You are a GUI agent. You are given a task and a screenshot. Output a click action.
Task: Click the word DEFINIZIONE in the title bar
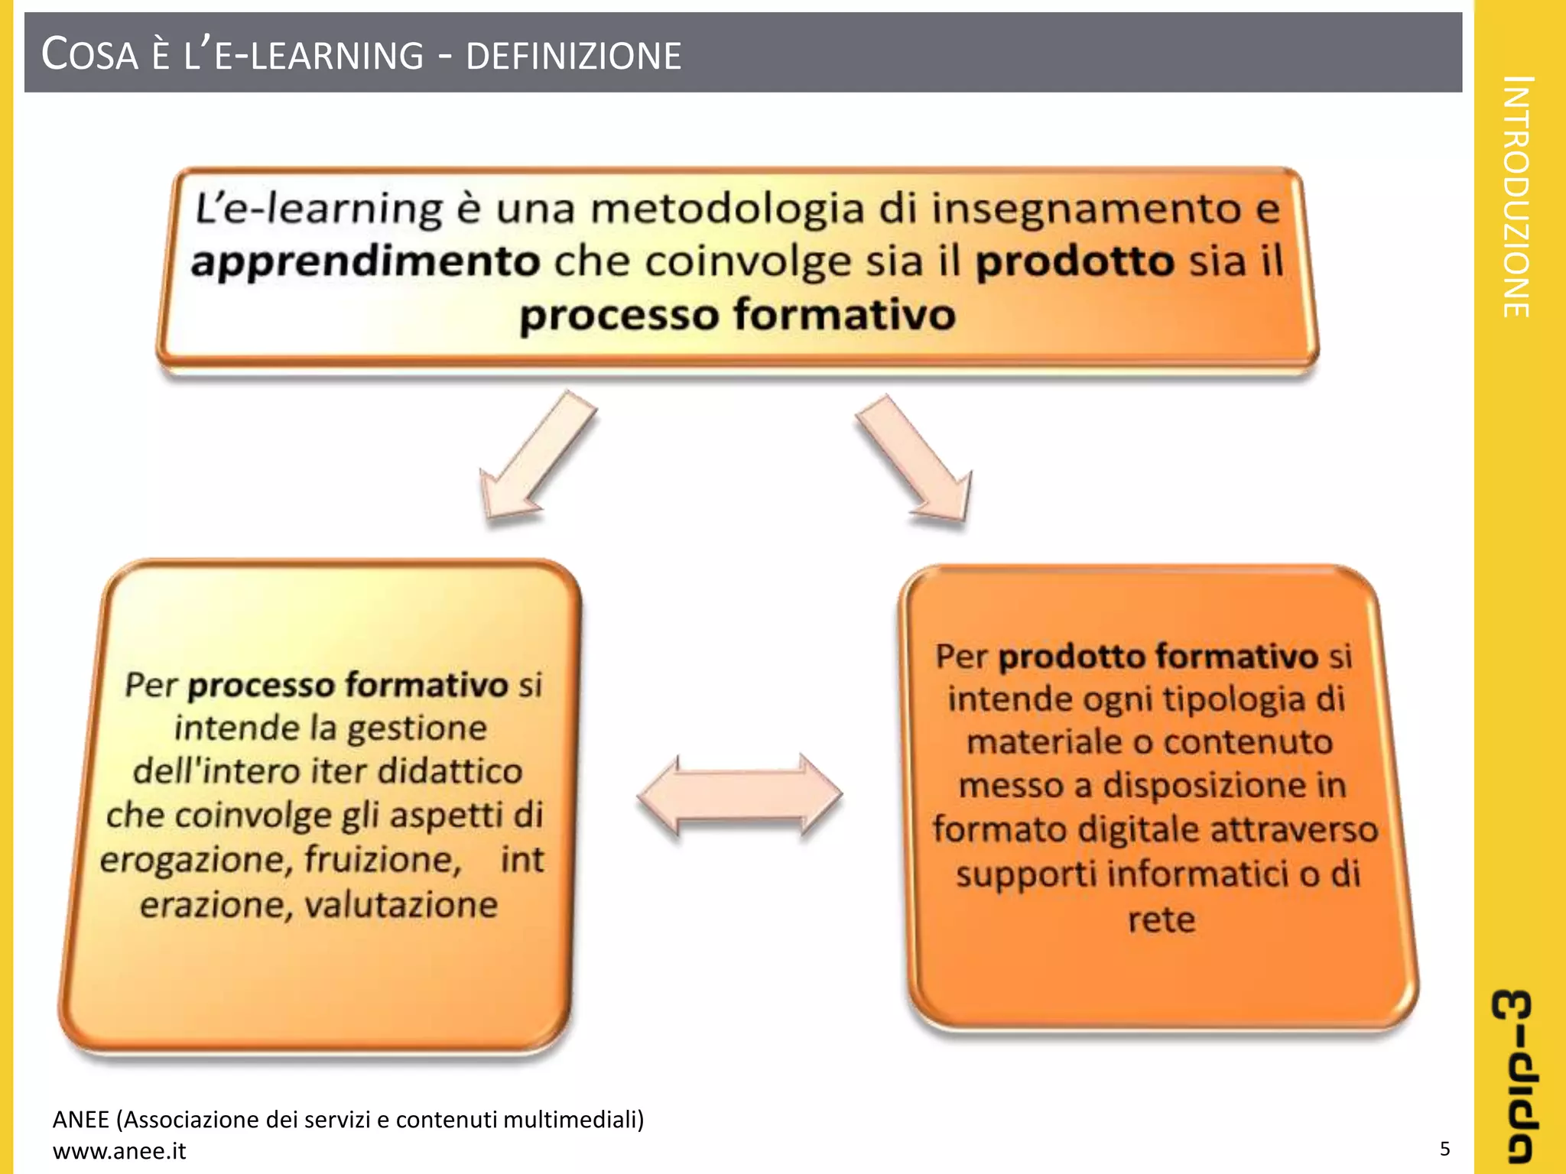click(573, 57)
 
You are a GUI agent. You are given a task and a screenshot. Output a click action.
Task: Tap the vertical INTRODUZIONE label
click(1517, 196)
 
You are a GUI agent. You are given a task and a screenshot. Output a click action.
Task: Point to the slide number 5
click(1444, 1149)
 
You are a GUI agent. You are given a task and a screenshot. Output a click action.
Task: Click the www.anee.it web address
click(119, 1151)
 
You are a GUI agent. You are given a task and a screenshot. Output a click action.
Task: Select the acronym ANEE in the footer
click(80, 1120)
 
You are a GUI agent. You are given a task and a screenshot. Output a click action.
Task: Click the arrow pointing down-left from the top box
click(535, 459)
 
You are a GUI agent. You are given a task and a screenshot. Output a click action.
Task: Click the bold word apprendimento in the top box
click(366, 262)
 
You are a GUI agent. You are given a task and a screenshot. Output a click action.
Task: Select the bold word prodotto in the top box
click(1074, 262)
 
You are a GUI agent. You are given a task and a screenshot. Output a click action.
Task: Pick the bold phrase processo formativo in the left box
click(348, 685)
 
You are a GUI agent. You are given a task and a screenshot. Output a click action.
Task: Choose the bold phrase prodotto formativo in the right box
click(1158, 657)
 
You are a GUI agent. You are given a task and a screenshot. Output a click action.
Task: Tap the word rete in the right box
click(1161, 919)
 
